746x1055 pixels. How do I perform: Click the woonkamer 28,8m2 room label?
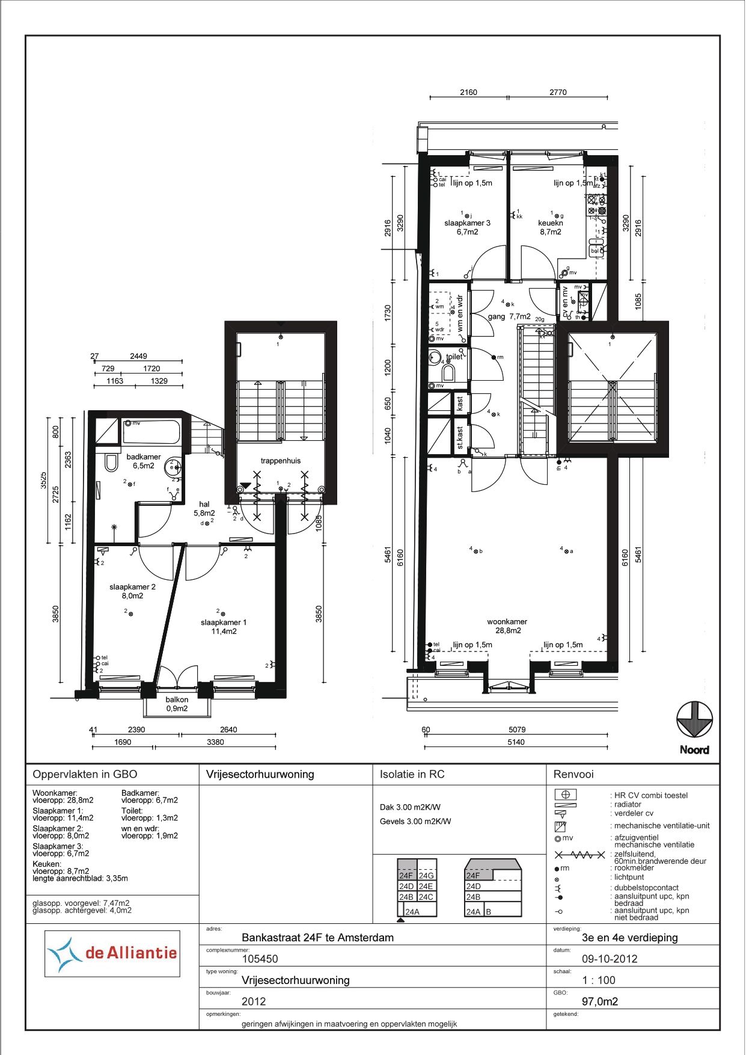pos(507,626)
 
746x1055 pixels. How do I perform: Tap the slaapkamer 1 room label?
pos(224,627)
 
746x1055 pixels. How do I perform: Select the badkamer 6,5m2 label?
pos(143,461)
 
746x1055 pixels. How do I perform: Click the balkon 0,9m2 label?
pos(177,704)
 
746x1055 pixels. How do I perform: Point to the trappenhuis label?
pos(280,461)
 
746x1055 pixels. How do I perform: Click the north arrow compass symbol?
pos(694,720)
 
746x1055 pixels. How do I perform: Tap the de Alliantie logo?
pos(112,953)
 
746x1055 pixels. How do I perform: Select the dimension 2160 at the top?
pos(468,92)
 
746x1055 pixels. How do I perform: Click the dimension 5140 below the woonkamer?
pos(516,742)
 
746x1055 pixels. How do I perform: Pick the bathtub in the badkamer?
pos(151,432)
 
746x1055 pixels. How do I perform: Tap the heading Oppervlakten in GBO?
pos(85,775)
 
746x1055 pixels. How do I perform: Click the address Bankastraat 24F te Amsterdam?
pos(317,938)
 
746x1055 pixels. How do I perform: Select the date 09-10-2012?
pos(610,959)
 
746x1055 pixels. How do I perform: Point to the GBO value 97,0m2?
pos(600,1001)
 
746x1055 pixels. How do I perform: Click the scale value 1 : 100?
pos(599,980)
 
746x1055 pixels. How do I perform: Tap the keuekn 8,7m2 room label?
pos(551,227)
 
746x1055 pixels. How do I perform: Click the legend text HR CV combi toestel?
pos(650,795)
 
